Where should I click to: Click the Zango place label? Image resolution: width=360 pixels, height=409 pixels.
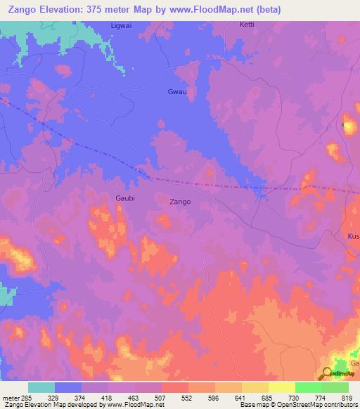180,202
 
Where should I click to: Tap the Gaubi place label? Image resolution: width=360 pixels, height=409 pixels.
125,198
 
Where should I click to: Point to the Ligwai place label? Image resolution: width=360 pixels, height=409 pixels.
121,25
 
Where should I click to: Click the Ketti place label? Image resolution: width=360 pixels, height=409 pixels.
247,25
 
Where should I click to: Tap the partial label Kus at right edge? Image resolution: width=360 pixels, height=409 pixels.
353,237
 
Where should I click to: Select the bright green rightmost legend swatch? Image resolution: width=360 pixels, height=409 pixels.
335,387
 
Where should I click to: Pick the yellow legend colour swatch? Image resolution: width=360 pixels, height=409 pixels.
282,387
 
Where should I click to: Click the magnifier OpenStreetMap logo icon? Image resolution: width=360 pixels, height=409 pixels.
326,373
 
